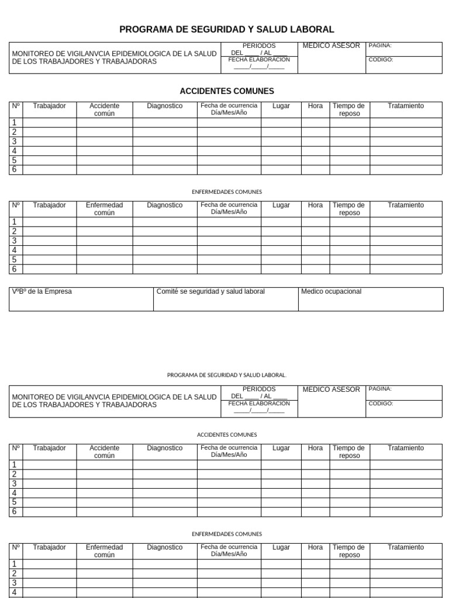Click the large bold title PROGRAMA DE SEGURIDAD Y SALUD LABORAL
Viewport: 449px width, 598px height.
click(227, 29)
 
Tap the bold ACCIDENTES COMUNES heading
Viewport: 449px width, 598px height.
click(227, 91)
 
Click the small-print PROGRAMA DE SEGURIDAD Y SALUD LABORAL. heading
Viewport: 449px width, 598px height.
click(227, 375)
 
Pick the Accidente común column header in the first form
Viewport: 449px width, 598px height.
click(104, 109)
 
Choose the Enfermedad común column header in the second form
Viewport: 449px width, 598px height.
click(104, 551)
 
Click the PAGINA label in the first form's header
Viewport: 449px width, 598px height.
click(380, 46)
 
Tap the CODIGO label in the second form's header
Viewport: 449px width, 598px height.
click(381, 404)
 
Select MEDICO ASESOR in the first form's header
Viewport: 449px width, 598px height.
click(331, 46)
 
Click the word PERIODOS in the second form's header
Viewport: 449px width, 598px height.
click(259, 389)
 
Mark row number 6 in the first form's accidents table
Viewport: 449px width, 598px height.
click(14, 170)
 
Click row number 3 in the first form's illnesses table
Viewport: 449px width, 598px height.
click(14, 241)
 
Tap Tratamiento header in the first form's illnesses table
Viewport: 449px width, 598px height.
click(406, 205)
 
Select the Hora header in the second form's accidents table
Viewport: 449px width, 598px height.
click(315, 448)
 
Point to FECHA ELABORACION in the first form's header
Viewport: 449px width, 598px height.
click(259, 60)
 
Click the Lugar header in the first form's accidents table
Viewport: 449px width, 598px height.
click(281, 106)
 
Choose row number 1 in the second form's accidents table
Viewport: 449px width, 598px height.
click(14, 465)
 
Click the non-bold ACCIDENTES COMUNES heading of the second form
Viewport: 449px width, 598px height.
click(227, 434)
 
